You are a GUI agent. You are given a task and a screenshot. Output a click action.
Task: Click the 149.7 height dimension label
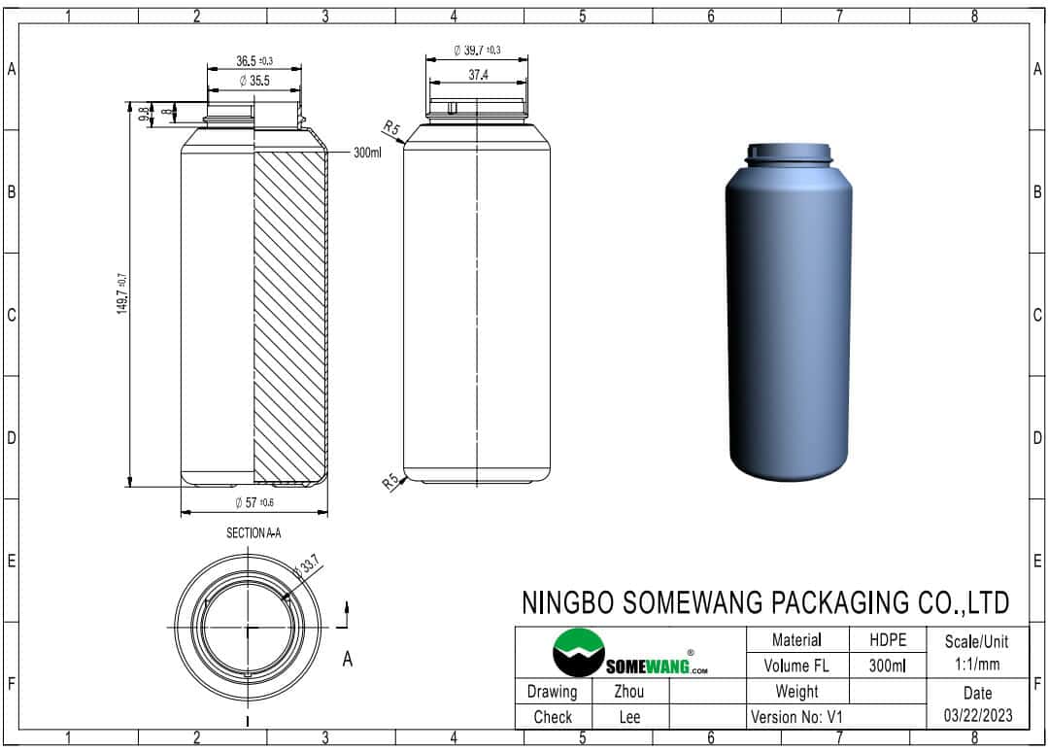(122, 293)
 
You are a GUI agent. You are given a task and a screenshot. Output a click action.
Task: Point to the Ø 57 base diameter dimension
(254, 502)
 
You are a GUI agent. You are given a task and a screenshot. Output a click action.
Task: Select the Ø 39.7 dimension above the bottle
(477, 51)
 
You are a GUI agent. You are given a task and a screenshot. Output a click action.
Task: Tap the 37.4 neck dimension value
(478, 75)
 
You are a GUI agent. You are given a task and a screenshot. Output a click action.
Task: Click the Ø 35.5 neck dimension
(254, 81)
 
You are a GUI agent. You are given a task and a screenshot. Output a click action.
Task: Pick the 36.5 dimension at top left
(254, 61)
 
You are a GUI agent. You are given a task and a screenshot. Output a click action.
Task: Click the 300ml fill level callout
(367, 153)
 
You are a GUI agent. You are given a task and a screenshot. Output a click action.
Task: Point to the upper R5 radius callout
(391, 127)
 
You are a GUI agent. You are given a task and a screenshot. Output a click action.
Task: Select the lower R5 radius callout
(391, 481)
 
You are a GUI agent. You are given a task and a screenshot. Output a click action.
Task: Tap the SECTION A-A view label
(254, 532)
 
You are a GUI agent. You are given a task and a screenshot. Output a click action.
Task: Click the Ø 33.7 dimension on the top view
(308, 565)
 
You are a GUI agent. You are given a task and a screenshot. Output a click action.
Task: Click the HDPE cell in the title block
(888, 639)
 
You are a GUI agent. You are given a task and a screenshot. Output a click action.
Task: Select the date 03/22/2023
(978, 715)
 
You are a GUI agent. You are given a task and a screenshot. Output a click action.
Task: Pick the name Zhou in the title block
(629, 691)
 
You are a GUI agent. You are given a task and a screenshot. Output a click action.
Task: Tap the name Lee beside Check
(629, 717)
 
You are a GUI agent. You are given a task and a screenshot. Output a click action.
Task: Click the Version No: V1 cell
(796, 717)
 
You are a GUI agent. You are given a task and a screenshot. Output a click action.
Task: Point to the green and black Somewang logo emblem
(579, 652)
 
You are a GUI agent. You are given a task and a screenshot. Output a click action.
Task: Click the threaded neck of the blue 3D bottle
(790, 155)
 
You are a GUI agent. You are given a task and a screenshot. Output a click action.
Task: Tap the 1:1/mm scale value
(976, 664)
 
